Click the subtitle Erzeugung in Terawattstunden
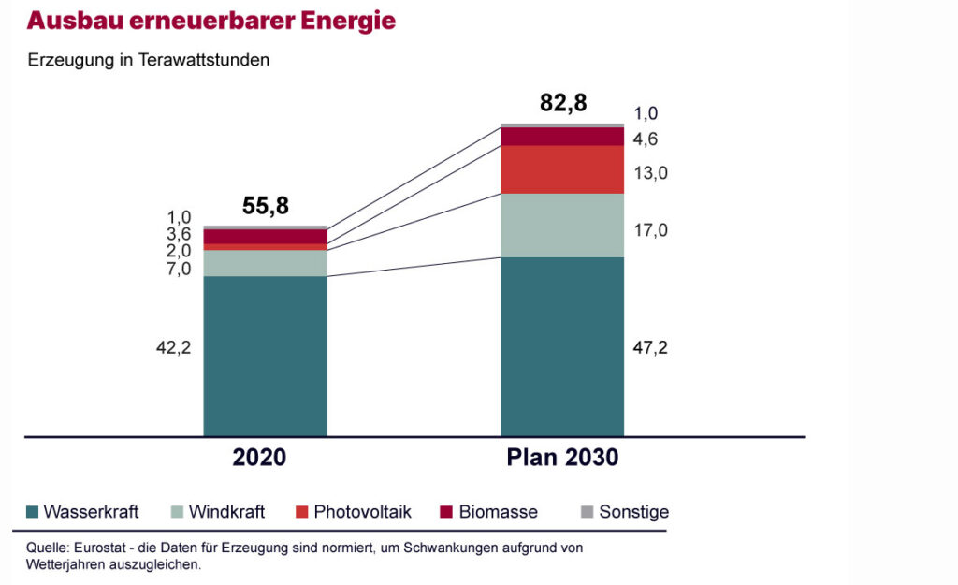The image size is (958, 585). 149,61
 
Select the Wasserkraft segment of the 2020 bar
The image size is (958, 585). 265,356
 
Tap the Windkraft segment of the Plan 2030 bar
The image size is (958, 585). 561,226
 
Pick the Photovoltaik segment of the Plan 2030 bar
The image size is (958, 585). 561,169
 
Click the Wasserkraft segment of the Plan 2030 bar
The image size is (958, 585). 561,346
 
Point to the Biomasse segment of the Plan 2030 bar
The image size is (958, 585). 561,137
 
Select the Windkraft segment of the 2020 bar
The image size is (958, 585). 265,263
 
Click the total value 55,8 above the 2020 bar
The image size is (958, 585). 265,207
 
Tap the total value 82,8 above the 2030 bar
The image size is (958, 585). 563,103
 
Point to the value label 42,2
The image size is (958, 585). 173,348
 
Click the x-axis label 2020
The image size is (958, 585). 259,459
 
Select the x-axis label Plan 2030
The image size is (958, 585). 562,459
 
